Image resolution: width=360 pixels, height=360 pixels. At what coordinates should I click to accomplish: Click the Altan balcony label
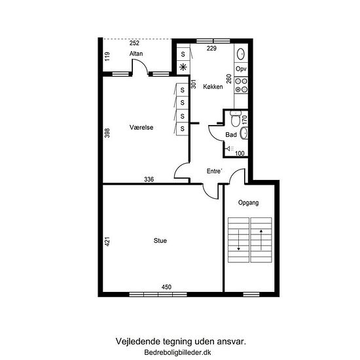point(136,54)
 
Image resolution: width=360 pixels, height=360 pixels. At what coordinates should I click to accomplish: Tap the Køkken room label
point(213,86)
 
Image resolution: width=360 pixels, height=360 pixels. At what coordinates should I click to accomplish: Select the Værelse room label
point(141,127)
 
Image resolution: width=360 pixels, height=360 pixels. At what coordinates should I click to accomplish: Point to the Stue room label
point(160,241)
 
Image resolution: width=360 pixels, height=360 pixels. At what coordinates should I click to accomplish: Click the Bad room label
point(231,135)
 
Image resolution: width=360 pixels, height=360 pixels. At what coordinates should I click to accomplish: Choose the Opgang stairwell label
point(249,203)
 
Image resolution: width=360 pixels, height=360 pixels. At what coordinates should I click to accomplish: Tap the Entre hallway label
point(215,171)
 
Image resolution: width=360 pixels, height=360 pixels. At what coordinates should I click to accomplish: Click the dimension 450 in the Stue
point(166,287)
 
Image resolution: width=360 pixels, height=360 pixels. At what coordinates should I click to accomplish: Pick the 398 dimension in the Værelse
point(107,133)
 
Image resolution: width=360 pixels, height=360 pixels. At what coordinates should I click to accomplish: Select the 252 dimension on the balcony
point(134,43)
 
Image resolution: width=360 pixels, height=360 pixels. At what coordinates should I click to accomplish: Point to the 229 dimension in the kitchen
point(211,48)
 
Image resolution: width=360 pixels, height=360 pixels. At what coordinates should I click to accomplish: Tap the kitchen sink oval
point(241,54)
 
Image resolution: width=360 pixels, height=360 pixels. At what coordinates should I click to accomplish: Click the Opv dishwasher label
point(241,69)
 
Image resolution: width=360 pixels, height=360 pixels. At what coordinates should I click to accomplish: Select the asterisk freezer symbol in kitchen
point(183,67)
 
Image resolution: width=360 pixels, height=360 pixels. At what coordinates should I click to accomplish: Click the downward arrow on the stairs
point(238,240)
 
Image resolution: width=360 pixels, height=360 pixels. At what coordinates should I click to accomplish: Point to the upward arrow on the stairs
point(261,240)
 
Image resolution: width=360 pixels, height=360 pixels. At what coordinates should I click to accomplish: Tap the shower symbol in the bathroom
point(230,149)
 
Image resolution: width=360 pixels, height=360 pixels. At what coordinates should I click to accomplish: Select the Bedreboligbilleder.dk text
point(177,352)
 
